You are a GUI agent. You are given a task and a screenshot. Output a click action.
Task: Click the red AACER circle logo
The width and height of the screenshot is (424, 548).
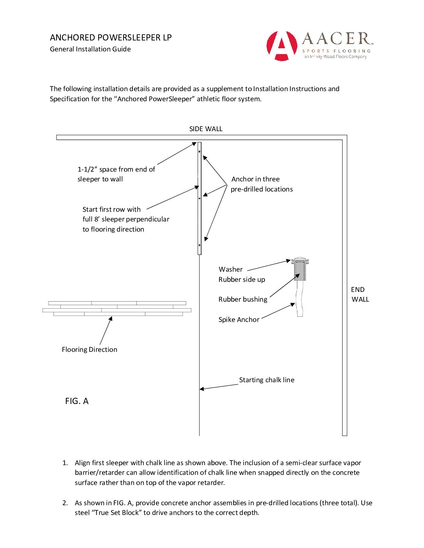click(x=282, y=46)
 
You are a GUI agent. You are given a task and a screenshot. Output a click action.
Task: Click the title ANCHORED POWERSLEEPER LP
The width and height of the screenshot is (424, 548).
click(x=111, y=38)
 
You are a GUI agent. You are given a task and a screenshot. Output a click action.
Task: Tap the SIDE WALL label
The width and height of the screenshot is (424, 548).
click(x=206, y=129)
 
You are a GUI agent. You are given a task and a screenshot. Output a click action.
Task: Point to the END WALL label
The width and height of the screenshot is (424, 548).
click(x=360, y=294)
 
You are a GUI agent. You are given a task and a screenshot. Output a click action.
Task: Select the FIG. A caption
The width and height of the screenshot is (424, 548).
click(x=77, y=401)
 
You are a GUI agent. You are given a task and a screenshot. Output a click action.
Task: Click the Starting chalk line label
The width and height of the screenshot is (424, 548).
click(x=267, y=380)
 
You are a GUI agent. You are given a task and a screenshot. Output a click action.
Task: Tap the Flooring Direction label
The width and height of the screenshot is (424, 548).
click(x=89, y=350)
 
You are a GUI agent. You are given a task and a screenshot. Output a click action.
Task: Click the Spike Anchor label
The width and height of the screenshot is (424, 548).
click(x=238, y=320)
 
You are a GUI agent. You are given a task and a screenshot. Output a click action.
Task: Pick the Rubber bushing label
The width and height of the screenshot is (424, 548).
click(x=243, y=299)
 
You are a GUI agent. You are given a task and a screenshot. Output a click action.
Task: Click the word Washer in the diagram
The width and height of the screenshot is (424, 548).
click(x=230, y=269)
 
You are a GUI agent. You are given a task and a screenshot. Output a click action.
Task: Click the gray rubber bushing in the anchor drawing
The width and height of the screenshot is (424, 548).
click(x=300, y=272)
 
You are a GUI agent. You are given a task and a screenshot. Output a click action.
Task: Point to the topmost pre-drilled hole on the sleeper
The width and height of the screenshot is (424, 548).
click(x=200, y=151)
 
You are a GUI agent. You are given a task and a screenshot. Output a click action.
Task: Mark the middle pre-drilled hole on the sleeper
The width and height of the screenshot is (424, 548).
click(x=200, y=198)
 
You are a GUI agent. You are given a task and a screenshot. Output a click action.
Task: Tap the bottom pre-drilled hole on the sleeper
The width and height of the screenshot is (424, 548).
click(x=200, y=245)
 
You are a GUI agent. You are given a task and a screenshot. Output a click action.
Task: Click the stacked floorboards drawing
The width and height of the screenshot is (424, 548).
click(x=117, y=308)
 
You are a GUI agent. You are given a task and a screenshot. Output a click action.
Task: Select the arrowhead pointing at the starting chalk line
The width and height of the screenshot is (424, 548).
click(x=202, y=389)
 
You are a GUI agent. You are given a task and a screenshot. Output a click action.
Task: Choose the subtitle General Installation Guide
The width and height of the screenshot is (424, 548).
click(x=90, y=49)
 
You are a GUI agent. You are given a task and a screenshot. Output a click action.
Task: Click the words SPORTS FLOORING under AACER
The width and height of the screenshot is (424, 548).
click(x=336, y=51)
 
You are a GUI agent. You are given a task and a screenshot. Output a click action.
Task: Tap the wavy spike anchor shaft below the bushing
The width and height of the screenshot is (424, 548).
click(x=300, y=299)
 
